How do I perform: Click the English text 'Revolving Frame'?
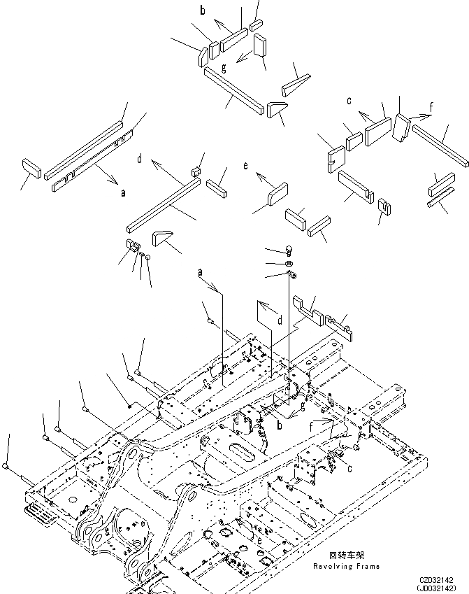(347, 567)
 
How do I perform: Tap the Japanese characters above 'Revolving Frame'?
(347, 556)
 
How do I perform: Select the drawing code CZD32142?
(436, 580)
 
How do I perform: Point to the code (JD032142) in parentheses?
(436, 588)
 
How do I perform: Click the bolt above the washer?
(289, 250)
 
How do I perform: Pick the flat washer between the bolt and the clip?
(289, 263)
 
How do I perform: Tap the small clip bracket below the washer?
(291, 274)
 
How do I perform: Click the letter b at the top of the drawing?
(203, 10)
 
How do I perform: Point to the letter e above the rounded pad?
(246, 166)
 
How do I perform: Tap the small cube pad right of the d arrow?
(196, 172)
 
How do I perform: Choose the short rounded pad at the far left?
(31, 169)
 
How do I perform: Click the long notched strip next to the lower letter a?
(93, 161)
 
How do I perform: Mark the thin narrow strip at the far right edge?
(440, 197)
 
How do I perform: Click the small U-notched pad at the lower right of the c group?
(384, 207)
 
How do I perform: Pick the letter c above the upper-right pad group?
(349, 100)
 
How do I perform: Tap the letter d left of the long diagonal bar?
(140, 159)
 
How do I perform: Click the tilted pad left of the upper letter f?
(401, 127)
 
